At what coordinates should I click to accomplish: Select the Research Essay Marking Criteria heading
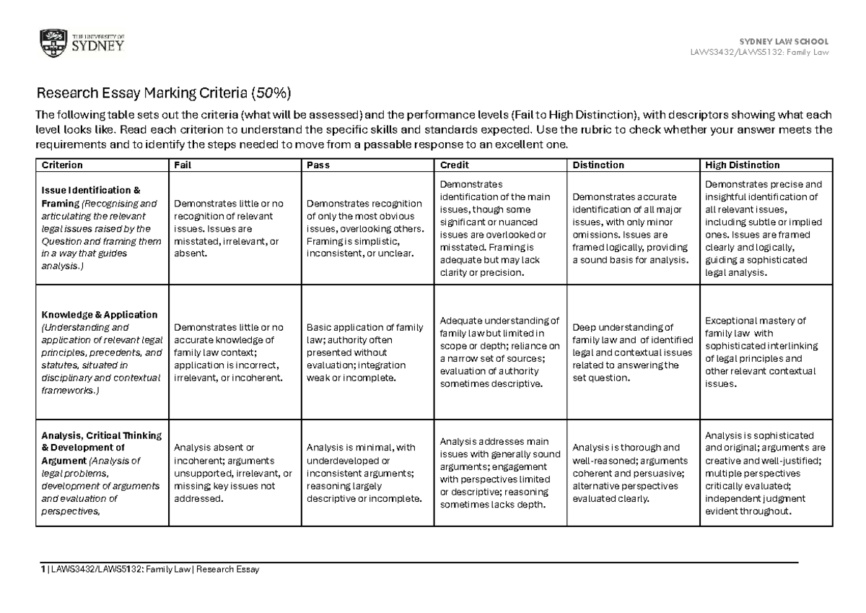click(164, 93)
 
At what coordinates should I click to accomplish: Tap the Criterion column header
click(61, 165)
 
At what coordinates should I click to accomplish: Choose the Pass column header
click(318, 165)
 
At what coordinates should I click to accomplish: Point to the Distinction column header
click(598, 165)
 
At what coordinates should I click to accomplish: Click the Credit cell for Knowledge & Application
click(499, 352)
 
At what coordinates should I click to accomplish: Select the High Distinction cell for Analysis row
click(767, 474)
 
